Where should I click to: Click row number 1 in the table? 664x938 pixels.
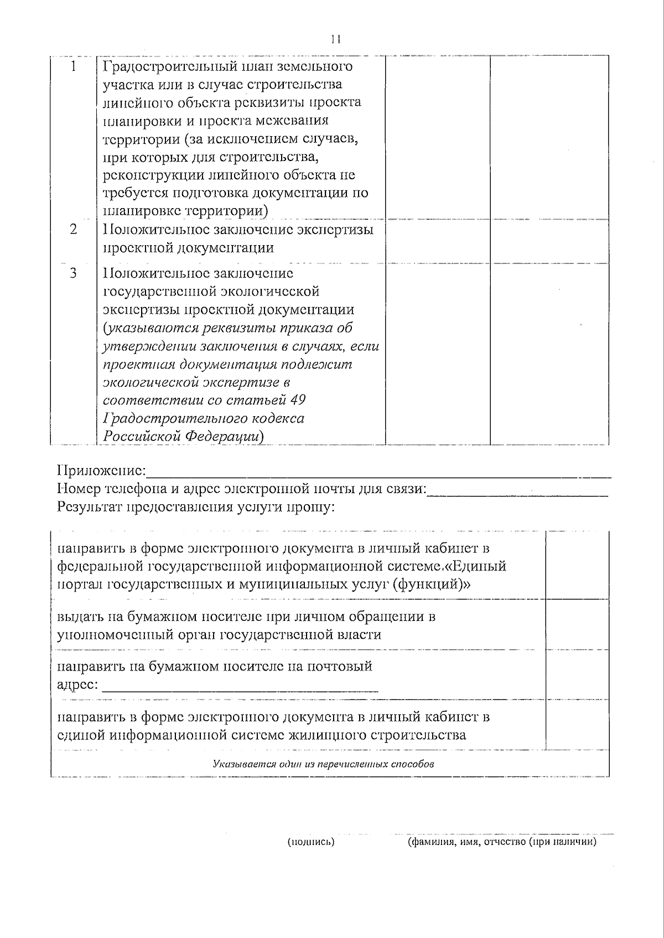pos(73,66)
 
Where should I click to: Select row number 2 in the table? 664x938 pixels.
pos(73,229)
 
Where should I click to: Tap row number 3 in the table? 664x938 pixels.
pos(73,273)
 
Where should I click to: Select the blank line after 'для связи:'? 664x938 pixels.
pos(518,493)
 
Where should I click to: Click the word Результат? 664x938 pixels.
pos(90,507)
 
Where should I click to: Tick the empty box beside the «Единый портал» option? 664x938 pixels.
pos(577,565)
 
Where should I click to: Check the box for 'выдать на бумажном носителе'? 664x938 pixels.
pos(577,624)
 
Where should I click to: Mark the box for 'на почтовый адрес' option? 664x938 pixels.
pos(577,675)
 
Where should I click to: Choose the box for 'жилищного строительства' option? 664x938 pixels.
pos(577,725)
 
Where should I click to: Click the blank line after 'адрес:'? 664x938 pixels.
pos(241,688)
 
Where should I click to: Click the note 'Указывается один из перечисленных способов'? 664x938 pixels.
pos(323,764)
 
